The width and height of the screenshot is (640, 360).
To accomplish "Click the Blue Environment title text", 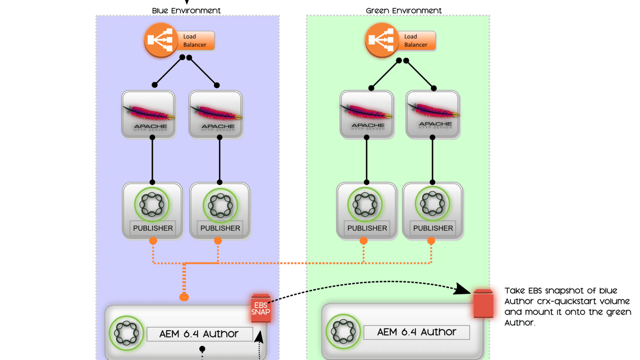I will [186, 11].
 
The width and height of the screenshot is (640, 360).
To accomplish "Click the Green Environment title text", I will [403, 11].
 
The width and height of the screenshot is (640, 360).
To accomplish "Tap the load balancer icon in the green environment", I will [380, 41].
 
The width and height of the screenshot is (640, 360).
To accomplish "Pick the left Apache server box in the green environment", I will [367, 115].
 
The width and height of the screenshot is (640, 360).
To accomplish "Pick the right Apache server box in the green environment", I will [433, 115].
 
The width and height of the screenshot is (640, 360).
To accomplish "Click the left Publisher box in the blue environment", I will [152, 209].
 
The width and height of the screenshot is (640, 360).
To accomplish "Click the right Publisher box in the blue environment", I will [220, 209].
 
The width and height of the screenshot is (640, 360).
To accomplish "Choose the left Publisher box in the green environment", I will [367, 209].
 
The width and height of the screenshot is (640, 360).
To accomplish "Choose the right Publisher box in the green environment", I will [433, 209].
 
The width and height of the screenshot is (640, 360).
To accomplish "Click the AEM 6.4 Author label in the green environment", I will [417, 332].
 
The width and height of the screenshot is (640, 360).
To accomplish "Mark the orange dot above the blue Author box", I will [183, 297].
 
